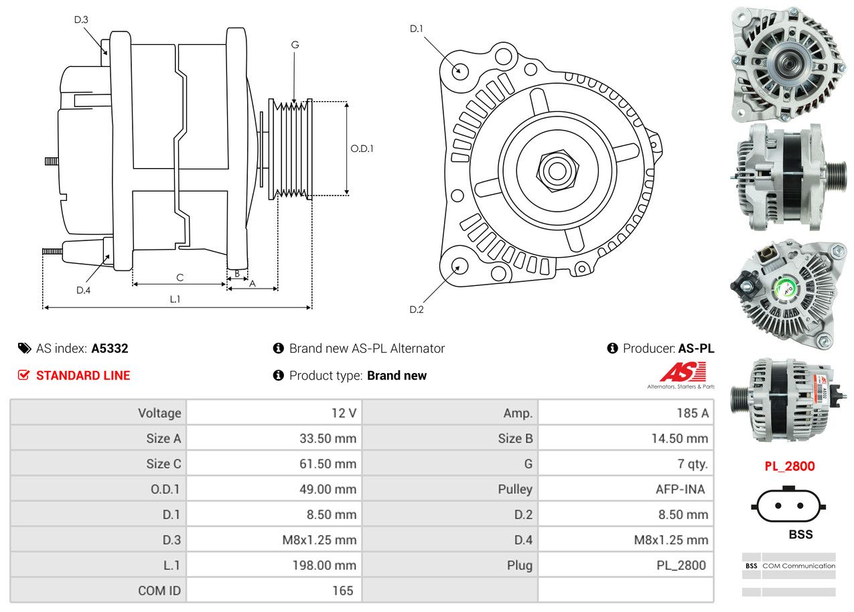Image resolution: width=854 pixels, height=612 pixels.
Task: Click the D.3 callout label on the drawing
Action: pyautogui.click(x=81, y=19)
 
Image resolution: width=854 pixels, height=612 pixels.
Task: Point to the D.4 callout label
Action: pyautogui.click(x=83, y=290)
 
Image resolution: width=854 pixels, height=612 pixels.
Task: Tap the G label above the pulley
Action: pyautogui.click(x=295, y=45)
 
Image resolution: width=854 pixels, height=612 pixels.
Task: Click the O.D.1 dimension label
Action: pyautogui.click(x=362, y=149)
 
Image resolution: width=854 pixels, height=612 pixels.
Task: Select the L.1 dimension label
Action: pyautogui.click(x=174, y=299)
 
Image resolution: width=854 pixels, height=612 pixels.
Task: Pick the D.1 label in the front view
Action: pyautogui.click(x=417, y=29)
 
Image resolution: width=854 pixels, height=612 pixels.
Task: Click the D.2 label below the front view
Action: pyautogui.click(x=417, y=309)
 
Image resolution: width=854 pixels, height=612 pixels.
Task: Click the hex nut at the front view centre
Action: pyautogui.click(x=555, y=169)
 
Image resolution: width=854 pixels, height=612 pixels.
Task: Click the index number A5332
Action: pyautogui.click(x=110, y=349)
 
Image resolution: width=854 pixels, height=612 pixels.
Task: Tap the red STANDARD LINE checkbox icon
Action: pyautogui.click(x=23, y=376)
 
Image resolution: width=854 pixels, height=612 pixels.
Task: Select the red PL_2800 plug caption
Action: pyautogui.click(x=790, y=466)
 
